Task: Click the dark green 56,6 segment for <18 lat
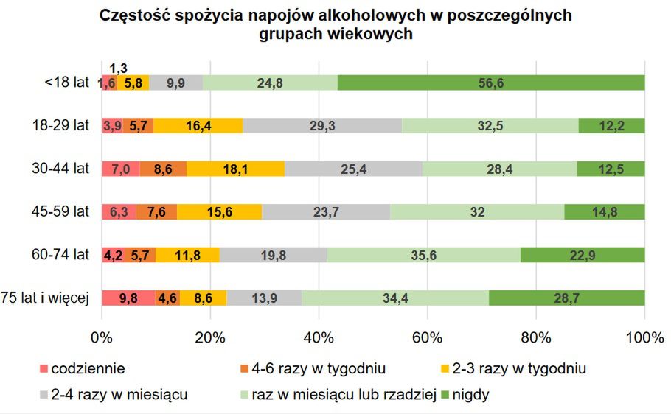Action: point(490,83)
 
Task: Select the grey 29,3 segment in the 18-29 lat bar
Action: point(322,126)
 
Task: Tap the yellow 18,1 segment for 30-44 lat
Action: point(235,169)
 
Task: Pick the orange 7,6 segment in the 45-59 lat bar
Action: point(156,212)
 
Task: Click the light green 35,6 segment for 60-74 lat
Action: point(423,255)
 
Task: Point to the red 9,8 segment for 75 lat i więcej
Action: point(128,298)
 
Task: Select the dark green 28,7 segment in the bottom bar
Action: point(566,298)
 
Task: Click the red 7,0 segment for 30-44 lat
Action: point(120,169)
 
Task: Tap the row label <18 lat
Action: point(66,83)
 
